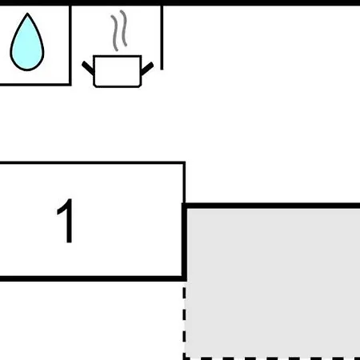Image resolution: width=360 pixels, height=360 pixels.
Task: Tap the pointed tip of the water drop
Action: click(27, 13)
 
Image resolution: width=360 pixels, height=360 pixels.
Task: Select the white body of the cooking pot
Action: click(118, 71)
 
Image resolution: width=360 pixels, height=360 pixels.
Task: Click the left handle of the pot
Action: click(88, 68)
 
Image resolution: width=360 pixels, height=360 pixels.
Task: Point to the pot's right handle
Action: click(147, 68)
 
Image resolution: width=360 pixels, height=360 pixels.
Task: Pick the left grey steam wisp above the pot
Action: click(114, 33)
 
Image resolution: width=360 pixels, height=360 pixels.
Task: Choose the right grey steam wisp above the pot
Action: click(123, 28)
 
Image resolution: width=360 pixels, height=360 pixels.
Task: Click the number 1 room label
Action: click(66, 221)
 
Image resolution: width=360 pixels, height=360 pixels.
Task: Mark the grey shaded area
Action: click(273, 282)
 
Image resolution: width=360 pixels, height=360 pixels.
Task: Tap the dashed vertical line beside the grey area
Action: click(184, 322)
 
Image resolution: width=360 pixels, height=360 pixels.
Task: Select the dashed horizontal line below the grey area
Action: click(272, 358)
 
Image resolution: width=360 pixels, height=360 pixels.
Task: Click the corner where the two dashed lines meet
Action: click(184, 358)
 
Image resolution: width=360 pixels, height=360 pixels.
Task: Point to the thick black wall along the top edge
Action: click(180, 2)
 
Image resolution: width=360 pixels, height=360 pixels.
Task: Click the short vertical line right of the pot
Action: click(162, 38)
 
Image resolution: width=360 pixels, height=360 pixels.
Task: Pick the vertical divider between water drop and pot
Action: click(70, 46)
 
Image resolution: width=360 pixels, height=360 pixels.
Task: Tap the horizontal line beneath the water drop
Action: click(35, 85)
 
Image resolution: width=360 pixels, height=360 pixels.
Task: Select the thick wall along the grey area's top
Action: click(271, 206)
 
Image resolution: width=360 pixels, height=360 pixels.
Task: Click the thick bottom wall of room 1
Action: click(93, 278)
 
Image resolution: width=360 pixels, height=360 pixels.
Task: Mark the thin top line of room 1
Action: click(93, 162)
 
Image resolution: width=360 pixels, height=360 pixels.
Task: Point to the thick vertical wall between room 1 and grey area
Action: click(184, 242)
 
